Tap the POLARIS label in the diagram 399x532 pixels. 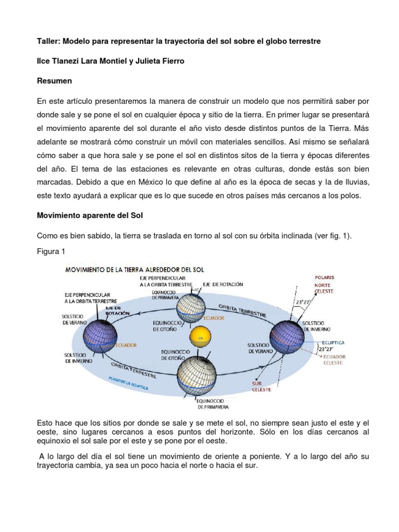click(x=323, y=278)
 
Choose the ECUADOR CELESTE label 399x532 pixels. click(x=333, y=360)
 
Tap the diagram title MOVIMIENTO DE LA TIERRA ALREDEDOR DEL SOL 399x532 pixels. click(x=134, y=270)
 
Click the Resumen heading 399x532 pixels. click(x=55, y=81)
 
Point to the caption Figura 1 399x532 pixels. click(x=50, y=251)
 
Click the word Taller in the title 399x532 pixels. click(x=48, y=41)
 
